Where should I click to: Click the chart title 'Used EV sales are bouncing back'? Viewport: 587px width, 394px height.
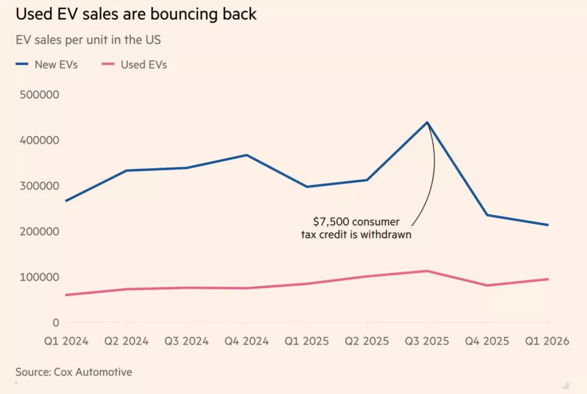[136, 14]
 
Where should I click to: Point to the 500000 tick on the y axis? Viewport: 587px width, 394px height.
[39, 95]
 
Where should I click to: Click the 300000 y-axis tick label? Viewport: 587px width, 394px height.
[39, 186]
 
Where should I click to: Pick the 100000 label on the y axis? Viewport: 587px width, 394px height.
[39, 277]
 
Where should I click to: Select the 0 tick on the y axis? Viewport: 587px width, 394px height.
[55, 322]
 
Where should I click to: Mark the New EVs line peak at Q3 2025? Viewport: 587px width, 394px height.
[427, 122]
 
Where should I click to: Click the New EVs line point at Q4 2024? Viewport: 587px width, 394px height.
[247, 155]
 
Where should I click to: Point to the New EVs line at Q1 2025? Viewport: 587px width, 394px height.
[307, 187]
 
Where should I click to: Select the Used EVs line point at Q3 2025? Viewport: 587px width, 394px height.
[427, 271]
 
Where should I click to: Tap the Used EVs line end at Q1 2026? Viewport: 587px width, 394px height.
[548, 279]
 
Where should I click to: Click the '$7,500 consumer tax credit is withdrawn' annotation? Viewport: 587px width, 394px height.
[356, 228]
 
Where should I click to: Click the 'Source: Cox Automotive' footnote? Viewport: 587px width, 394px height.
[74, 372]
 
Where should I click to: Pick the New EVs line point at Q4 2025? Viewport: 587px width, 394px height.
[487, 215]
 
